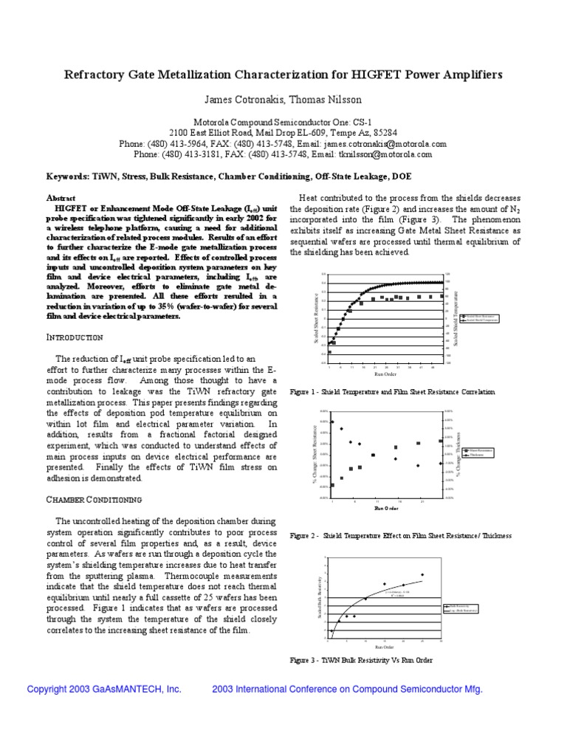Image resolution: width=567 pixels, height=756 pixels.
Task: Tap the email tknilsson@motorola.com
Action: [385, 154]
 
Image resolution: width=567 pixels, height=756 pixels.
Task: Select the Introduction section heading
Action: [74, 337]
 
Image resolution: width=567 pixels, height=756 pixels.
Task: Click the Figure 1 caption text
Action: [393, 392]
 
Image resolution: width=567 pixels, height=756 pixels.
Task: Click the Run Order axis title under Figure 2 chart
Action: [386, 509]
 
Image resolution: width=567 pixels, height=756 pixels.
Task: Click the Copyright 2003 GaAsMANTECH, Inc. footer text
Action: [104, 689]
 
